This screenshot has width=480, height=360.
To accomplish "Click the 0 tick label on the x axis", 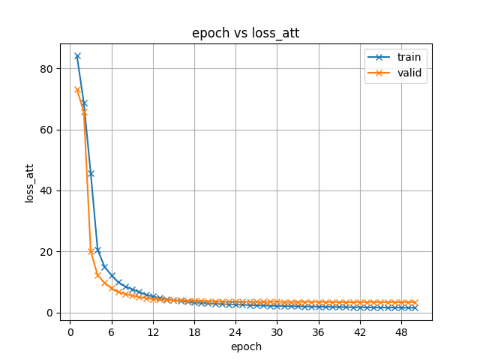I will (x=70, y=332).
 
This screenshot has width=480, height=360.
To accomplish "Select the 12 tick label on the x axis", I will (x=153, y=332).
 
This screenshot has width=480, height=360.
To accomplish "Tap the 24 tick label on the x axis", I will (x=235, y=332).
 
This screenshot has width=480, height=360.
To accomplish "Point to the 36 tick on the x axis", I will (x=317, y=332).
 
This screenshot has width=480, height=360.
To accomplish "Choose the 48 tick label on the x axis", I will (x=400, y=332).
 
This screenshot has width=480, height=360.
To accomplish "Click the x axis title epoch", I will (x=245, y=346).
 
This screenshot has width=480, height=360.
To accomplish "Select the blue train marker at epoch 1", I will (x=77, y=56).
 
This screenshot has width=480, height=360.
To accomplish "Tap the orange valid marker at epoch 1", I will (x=77, y=90).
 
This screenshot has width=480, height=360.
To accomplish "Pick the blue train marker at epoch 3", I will (x=91, y=173).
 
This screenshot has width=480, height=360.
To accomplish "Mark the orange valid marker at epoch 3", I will (x=91, y=252).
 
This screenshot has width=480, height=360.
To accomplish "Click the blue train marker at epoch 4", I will (x=97, y=250).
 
